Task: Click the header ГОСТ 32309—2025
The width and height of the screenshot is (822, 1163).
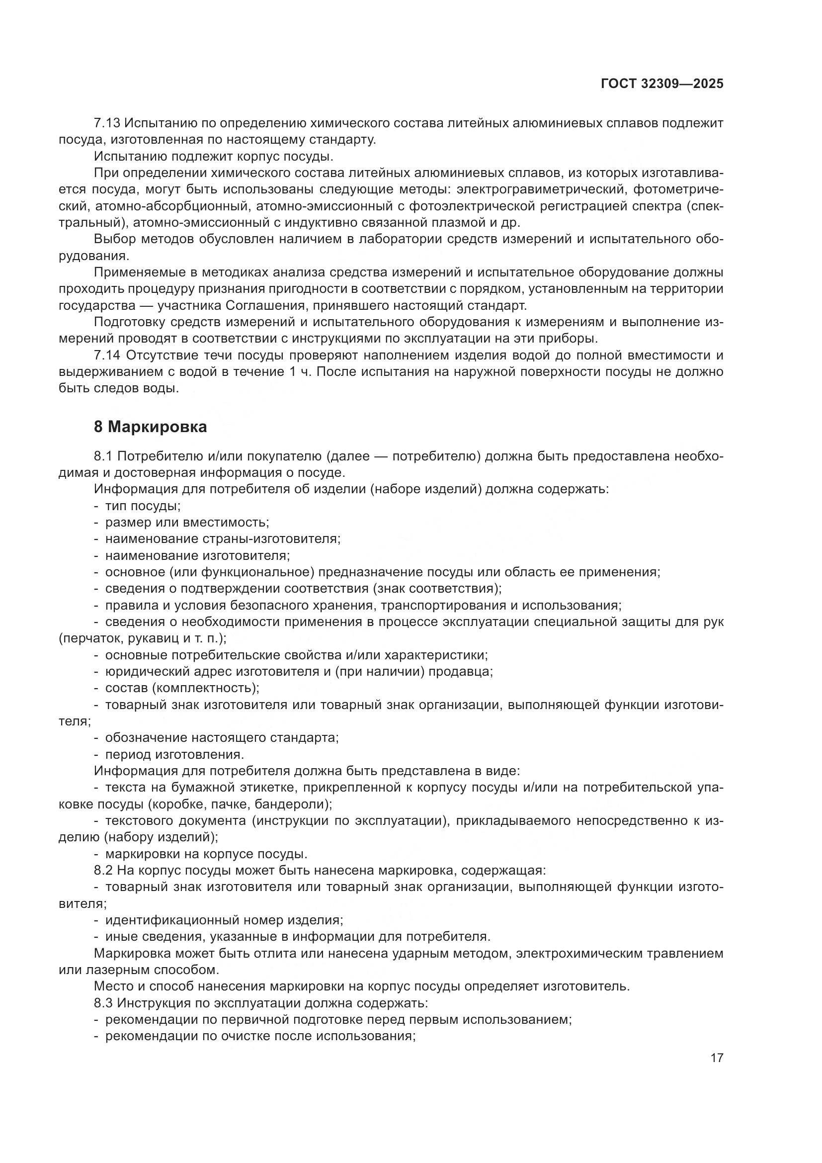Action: (662, 84)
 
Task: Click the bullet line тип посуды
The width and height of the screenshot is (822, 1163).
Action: (143, 506)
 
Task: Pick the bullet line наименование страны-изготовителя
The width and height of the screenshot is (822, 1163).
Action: (223, 539)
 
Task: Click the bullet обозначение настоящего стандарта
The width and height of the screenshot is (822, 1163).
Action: (222, 738)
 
